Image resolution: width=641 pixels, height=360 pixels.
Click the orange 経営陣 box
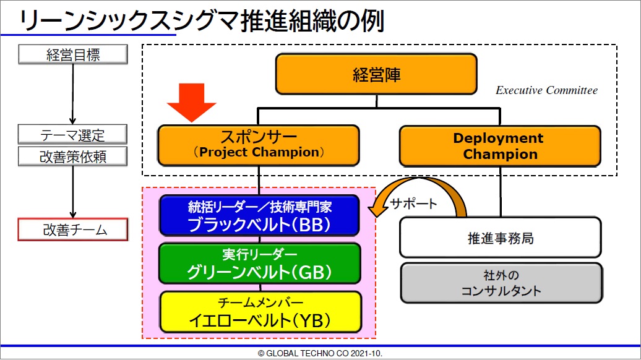376,74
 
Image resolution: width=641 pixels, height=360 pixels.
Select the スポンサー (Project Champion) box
259,145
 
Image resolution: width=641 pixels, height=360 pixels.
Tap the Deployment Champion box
500,146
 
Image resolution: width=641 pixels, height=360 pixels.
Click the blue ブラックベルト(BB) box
259,215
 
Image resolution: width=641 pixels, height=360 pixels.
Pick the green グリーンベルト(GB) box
260,264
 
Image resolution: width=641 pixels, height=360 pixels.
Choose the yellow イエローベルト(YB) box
260,312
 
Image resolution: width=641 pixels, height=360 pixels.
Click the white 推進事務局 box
501,238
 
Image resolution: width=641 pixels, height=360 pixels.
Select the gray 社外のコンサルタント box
501,283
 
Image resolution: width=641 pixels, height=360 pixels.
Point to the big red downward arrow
191,103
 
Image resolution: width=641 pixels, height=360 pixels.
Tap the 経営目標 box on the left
73,54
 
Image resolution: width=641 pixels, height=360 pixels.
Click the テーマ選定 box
72,134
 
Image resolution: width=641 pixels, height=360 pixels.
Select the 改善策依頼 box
72,156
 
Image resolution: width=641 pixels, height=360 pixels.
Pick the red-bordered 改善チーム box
73,229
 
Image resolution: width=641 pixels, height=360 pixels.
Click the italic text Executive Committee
546,90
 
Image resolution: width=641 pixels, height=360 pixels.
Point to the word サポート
413,203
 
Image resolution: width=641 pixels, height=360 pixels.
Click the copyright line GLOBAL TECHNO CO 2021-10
320,353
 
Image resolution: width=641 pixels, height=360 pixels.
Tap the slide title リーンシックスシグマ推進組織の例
202,20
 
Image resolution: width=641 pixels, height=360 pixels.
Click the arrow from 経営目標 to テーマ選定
73,95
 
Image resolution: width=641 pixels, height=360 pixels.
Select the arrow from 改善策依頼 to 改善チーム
73,192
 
